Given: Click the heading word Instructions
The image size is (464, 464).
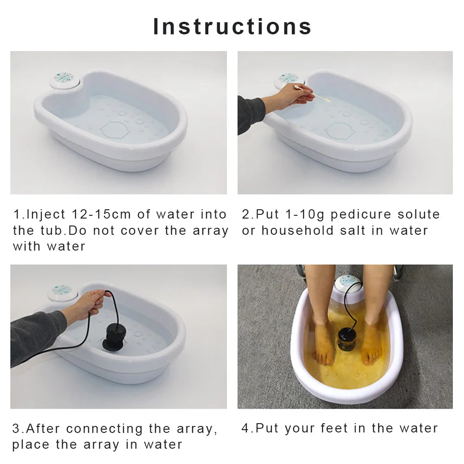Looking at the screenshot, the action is coord(232,26).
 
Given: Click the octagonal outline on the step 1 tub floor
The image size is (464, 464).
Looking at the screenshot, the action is coord(116,130).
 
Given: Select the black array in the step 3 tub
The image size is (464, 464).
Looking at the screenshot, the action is coord(113,337).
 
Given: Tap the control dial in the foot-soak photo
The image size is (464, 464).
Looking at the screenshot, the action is coord(349,284).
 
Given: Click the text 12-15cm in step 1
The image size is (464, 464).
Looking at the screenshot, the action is coord(102,214).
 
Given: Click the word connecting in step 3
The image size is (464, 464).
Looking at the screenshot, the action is coord(104,429).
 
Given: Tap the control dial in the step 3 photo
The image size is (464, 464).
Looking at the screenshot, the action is coord(63,292).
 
